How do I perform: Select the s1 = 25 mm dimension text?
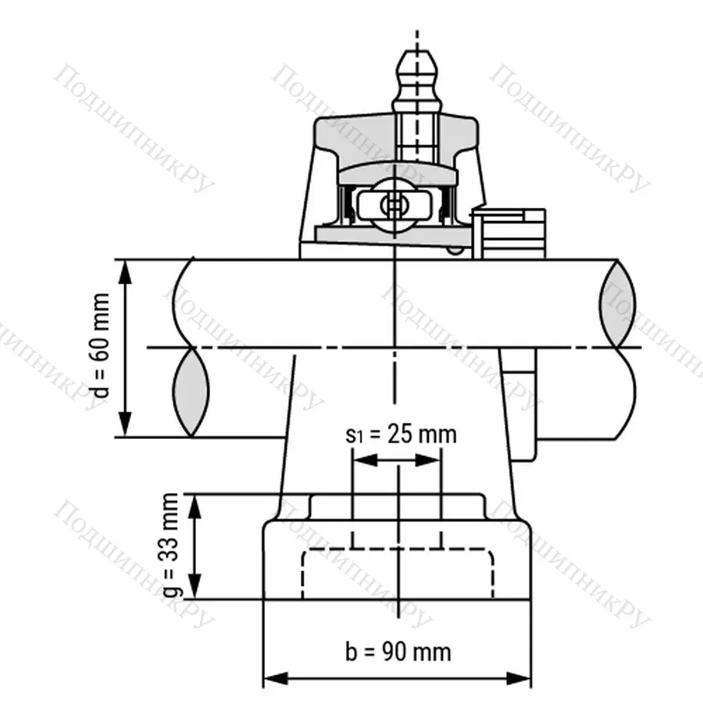[400, 434]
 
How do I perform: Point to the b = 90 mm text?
[398, 650]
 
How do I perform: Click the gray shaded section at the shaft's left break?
[191, 391]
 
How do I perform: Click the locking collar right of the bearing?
[512, 231]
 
